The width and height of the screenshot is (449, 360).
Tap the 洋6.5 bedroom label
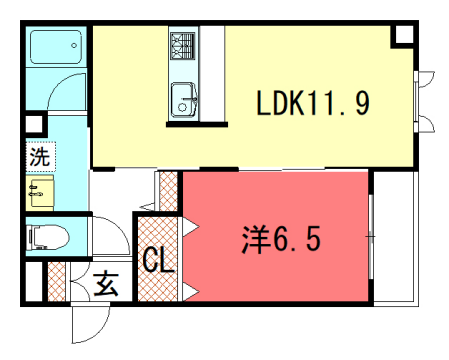[x=281, y=240]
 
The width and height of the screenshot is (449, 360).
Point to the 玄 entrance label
[x=106, y=285]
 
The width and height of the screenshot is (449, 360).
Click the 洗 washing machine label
[x=37, y=156]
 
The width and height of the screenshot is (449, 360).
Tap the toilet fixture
[x=45, y=236]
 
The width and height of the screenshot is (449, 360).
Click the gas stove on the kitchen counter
[x=182, y=45]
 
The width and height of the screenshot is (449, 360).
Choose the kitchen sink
[x=184, y=99]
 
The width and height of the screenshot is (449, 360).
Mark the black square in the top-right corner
[x=403, y=34]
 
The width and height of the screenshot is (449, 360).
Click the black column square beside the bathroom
[x=33, y=126]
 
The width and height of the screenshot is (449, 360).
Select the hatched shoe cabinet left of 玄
[x=56, y=283]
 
